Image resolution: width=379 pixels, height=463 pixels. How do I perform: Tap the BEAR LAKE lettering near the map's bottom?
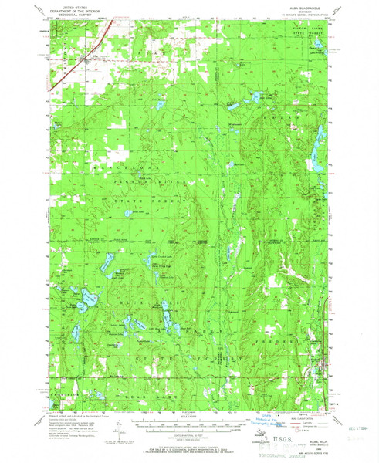[x=93, y=394]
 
